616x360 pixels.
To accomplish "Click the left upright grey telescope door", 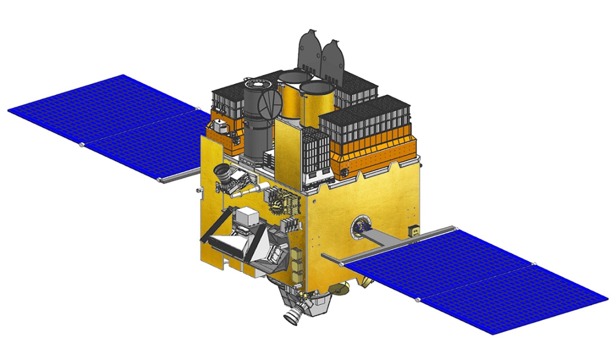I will pos(309,52).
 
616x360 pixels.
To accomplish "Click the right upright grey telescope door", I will pos(332,62).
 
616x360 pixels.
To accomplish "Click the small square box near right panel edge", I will pos(414,231).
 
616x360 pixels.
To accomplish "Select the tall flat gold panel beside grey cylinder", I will pos(288,154).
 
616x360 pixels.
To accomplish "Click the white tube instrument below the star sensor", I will pos(252,189).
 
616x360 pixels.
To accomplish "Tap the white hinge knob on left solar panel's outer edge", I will pos(81,145).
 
